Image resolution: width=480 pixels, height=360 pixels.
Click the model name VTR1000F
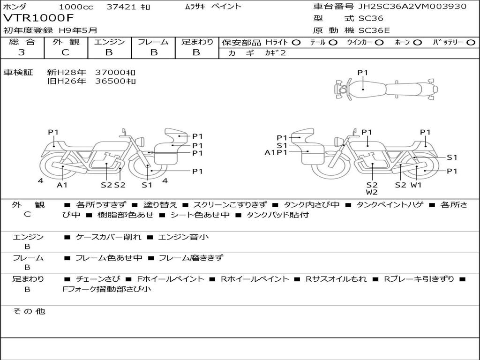click(38, 18)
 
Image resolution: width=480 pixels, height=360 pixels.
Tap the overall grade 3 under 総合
click(22, 52)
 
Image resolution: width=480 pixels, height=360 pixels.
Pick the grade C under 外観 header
click(65, 52)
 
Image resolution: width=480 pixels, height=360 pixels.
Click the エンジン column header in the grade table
click(109, 42)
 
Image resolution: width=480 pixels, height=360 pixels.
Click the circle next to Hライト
click(296, 43)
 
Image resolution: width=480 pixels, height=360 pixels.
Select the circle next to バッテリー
click(471, 43)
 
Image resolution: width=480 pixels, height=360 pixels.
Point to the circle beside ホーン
click(417, 43)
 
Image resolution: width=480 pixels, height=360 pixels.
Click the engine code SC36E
click(374, 30)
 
